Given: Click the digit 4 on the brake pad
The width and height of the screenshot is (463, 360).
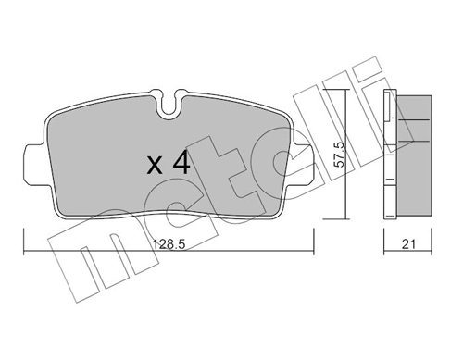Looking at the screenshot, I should tap(181, 164).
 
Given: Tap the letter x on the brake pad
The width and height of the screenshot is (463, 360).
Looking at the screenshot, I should tap(155, 167).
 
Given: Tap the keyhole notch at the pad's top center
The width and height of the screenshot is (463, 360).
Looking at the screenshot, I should tap(169, 105).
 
